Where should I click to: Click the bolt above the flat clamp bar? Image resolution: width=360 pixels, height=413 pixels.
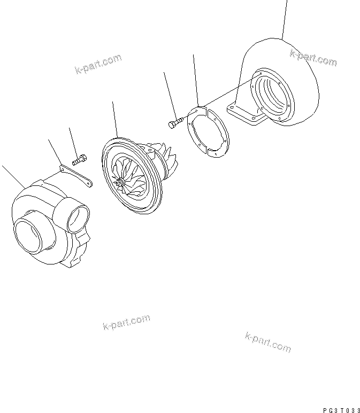click(80, 158)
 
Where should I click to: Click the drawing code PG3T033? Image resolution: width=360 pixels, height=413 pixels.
click(340, 409)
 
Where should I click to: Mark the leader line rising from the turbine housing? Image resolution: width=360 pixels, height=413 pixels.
click(285, 19)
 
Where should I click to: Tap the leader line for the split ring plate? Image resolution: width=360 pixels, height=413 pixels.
click(195, 80)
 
